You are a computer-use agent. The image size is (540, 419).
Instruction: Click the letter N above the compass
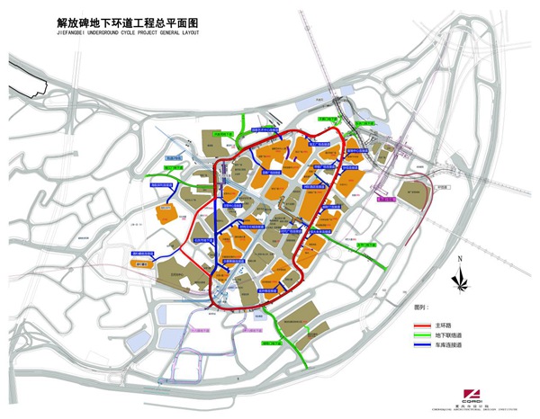pos(460,259)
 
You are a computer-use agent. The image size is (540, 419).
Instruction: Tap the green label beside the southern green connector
pos(274,343)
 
